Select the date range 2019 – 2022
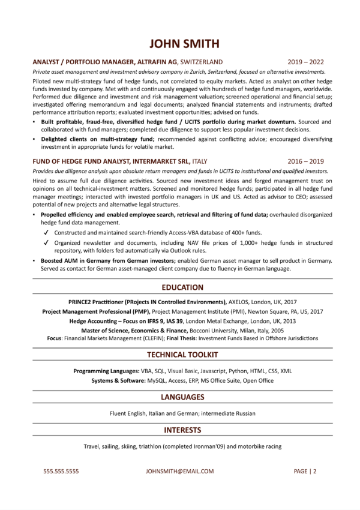(306, 61)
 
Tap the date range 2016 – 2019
(306, 161)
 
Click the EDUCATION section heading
(180, 287)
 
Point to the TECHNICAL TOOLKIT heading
(180, 355)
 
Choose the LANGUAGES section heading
(180, 397)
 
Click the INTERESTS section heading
(180, 430)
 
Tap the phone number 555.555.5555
(61, 471)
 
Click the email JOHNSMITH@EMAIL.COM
(179, 471)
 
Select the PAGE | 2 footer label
(305, 471)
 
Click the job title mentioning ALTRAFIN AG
(127, 61)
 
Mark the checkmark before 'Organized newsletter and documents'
(46, 243)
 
